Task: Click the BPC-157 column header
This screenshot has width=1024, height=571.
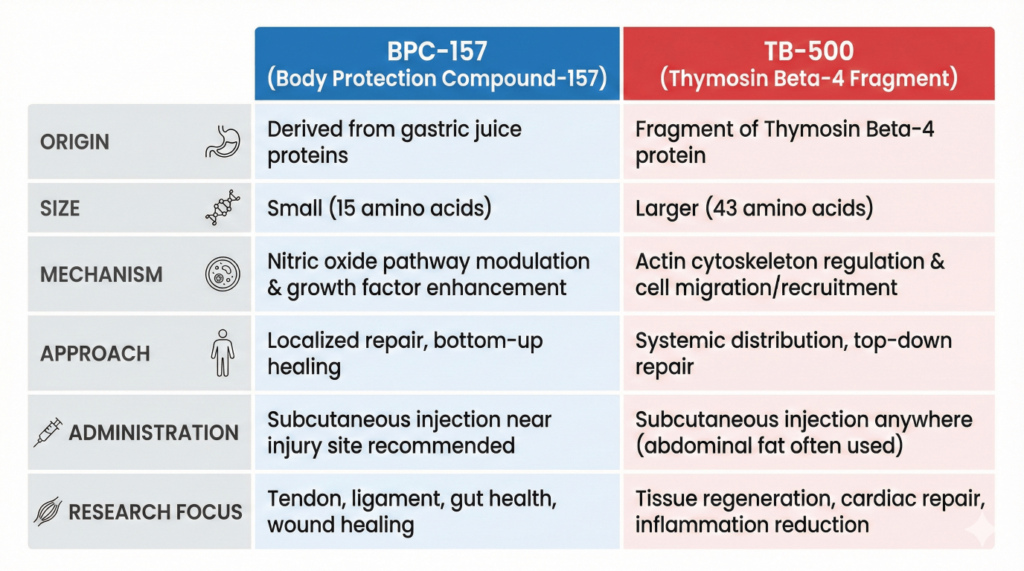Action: click(x=437, y=64)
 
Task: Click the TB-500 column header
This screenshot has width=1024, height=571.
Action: click(x=808, y=64)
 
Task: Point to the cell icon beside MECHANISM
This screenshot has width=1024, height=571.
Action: click(x=220, y=274)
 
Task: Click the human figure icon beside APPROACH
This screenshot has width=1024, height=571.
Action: click(x=222, y=353)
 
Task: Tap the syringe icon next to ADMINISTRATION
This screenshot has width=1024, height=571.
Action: click(x=48, y=433)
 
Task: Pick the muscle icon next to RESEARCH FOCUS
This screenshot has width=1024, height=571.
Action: click(x=48, y=512)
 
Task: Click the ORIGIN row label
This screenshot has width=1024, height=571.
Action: click(x=74, y=142)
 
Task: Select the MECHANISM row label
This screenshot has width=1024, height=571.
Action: click(x=101, y=274)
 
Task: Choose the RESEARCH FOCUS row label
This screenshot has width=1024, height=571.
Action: click(x=155, y=512)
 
